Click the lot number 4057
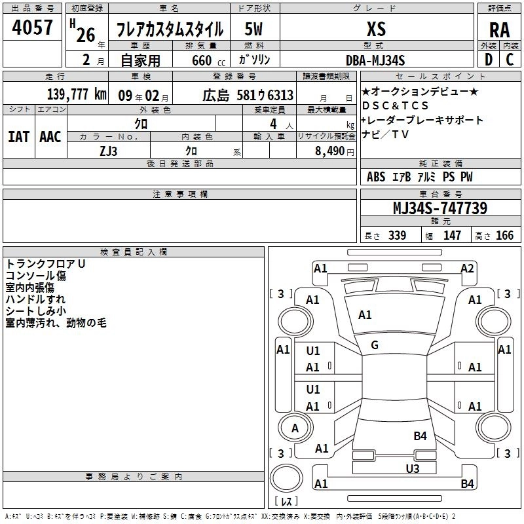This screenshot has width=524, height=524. (32, 27)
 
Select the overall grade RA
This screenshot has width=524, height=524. (500, 30)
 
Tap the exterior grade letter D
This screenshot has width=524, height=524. (489, 60)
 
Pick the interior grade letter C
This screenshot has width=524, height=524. (510, 60)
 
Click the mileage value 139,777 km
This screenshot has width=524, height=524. (77, 94)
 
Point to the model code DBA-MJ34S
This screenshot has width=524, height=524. (375, 60)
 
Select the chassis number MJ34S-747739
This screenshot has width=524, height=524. (440, 208)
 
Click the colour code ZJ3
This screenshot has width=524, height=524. (109, 151)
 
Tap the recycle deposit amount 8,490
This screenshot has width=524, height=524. (330, 151)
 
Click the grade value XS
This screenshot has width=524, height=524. (376, 29)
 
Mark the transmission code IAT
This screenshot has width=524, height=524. (19, 137)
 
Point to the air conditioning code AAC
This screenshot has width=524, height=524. (50, 137)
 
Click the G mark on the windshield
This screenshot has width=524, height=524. (375, 345)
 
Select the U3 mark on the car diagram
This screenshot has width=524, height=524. (413, 469)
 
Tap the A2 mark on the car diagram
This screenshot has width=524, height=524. (467, 269)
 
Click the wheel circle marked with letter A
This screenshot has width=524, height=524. (295, 428)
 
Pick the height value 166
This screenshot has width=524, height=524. (504, 235)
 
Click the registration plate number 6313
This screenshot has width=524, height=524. (280, 95)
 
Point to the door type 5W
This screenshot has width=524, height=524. (253, 29)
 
